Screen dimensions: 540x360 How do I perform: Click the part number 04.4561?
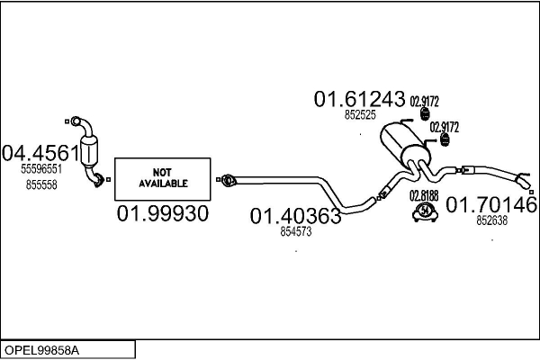40,153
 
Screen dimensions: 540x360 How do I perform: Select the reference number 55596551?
41,169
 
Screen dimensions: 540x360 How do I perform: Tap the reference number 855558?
41,185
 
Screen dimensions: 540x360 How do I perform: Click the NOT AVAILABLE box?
163,179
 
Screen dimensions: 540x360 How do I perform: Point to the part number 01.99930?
163,213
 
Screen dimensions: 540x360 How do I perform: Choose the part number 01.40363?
295,216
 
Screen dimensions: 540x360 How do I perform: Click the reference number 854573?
296,232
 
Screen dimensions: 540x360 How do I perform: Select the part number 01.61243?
359,99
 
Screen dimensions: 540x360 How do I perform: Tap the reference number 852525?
360,115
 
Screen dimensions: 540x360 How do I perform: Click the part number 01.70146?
491,204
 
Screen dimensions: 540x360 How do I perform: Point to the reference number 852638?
491,220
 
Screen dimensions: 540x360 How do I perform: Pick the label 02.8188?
424,195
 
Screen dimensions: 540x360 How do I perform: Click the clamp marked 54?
425,211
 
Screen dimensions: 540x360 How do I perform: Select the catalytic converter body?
89,152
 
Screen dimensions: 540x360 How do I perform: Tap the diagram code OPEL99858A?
41,350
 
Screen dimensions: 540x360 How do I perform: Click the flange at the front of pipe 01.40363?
228,180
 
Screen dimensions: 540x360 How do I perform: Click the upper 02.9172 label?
424,102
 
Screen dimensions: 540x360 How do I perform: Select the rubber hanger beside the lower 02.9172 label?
445,139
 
